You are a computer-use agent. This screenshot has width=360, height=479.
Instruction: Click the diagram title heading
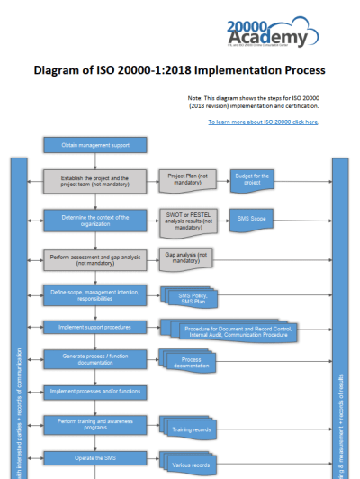[179, 69]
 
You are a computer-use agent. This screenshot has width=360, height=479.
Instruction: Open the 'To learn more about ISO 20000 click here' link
[264, 121]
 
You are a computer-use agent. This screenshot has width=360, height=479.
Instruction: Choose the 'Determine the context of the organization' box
[95, 220]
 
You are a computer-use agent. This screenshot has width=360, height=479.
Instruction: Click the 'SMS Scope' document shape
[255, 218]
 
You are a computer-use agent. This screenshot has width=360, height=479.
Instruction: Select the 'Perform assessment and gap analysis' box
[95, 258]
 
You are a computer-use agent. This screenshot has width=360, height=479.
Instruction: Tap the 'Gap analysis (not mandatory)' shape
[185, 258]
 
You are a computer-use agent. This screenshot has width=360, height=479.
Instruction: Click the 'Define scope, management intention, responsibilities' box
[95, 294]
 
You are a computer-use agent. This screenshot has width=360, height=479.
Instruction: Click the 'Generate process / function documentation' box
[95, 359]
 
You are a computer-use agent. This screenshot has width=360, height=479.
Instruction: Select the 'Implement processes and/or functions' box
[95, 391]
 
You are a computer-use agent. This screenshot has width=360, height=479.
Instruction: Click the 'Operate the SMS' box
[95, 458]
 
